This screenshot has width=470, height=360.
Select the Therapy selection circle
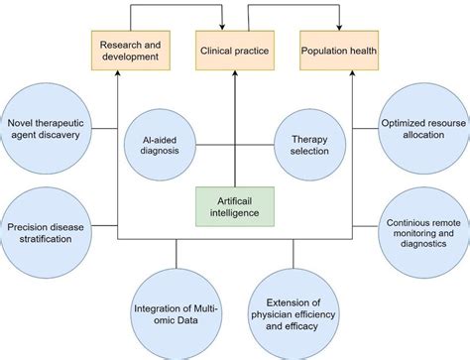pos(303,147)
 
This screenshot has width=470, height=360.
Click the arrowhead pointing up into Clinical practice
pos(234,72)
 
